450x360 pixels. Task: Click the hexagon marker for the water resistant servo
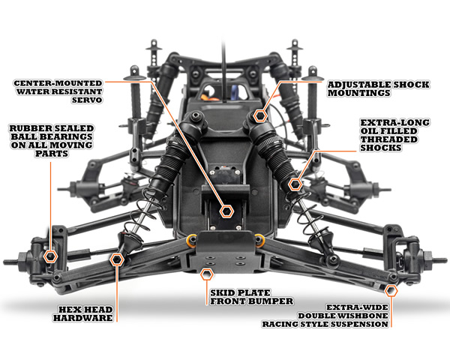(x=226, y=211)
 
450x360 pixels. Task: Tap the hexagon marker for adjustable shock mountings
(x=260, y=115)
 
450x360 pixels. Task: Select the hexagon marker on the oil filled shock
(x=295, y=184)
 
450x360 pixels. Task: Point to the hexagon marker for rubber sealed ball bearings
(x=50, y=256)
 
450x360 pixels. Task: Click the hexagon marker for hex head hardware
(x=117, y=259)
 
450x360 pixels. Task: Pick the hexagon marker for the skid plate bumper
(x=206, y=274)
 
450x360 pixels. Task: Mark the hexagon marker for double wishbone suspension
(x=391, y=291)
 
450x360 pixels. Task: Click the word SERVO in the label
(x=87, y=100)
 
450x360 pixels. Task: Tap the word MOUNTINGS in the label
(x=359, y=93)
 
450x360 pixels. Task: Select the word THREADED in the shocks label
(x=388, y=139)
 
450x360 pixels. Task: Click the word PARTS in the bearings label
(x=52, y=154)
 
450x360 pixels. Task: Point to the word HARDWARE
(x=83, y=318)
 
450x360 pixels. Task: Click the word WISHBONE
(x=362, y=316)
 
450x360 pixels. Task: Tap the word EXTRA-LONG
(x=395, y=122)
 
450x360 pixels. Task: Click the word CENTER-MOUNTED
(x=58, y=83)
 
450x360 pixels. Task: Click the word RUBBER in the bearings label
(x=28, y=128)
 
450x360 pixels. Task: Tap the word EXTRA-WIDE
(x=357, y=307)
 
